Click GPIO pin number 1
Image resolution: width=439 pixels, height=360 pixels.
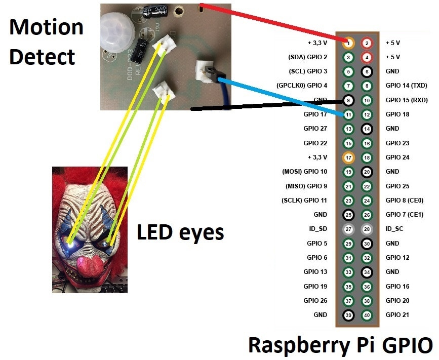348,43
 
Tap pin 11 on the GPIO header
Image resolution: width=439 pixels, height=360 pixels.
348,114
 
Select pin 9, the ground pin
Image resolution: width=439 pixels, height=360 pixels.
348,100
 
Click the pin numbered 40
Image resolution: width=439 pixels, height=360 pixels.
367,315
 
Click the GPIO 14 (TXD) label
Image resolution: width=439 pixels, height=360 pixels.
407,86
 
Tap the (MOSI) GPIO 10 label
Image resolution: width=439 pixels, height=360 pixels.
304,172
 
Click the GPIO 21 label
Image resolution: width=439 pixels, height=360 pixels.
398,315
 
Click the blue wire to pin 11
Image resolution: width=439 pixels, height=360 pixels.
284,96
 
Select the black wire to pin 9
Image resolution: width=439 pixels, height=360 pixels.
263,104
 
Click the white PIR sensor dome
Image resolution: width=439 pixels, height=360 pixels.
116,30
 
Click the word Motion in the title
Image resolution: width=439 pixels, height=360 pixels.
46,26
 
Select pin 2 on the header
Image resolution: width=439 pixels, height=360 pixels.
367,43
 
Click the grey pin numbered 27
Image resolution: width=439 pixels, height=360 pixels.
348,229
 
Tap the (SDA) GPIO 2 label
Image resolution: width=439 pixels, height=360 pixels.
307,57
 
